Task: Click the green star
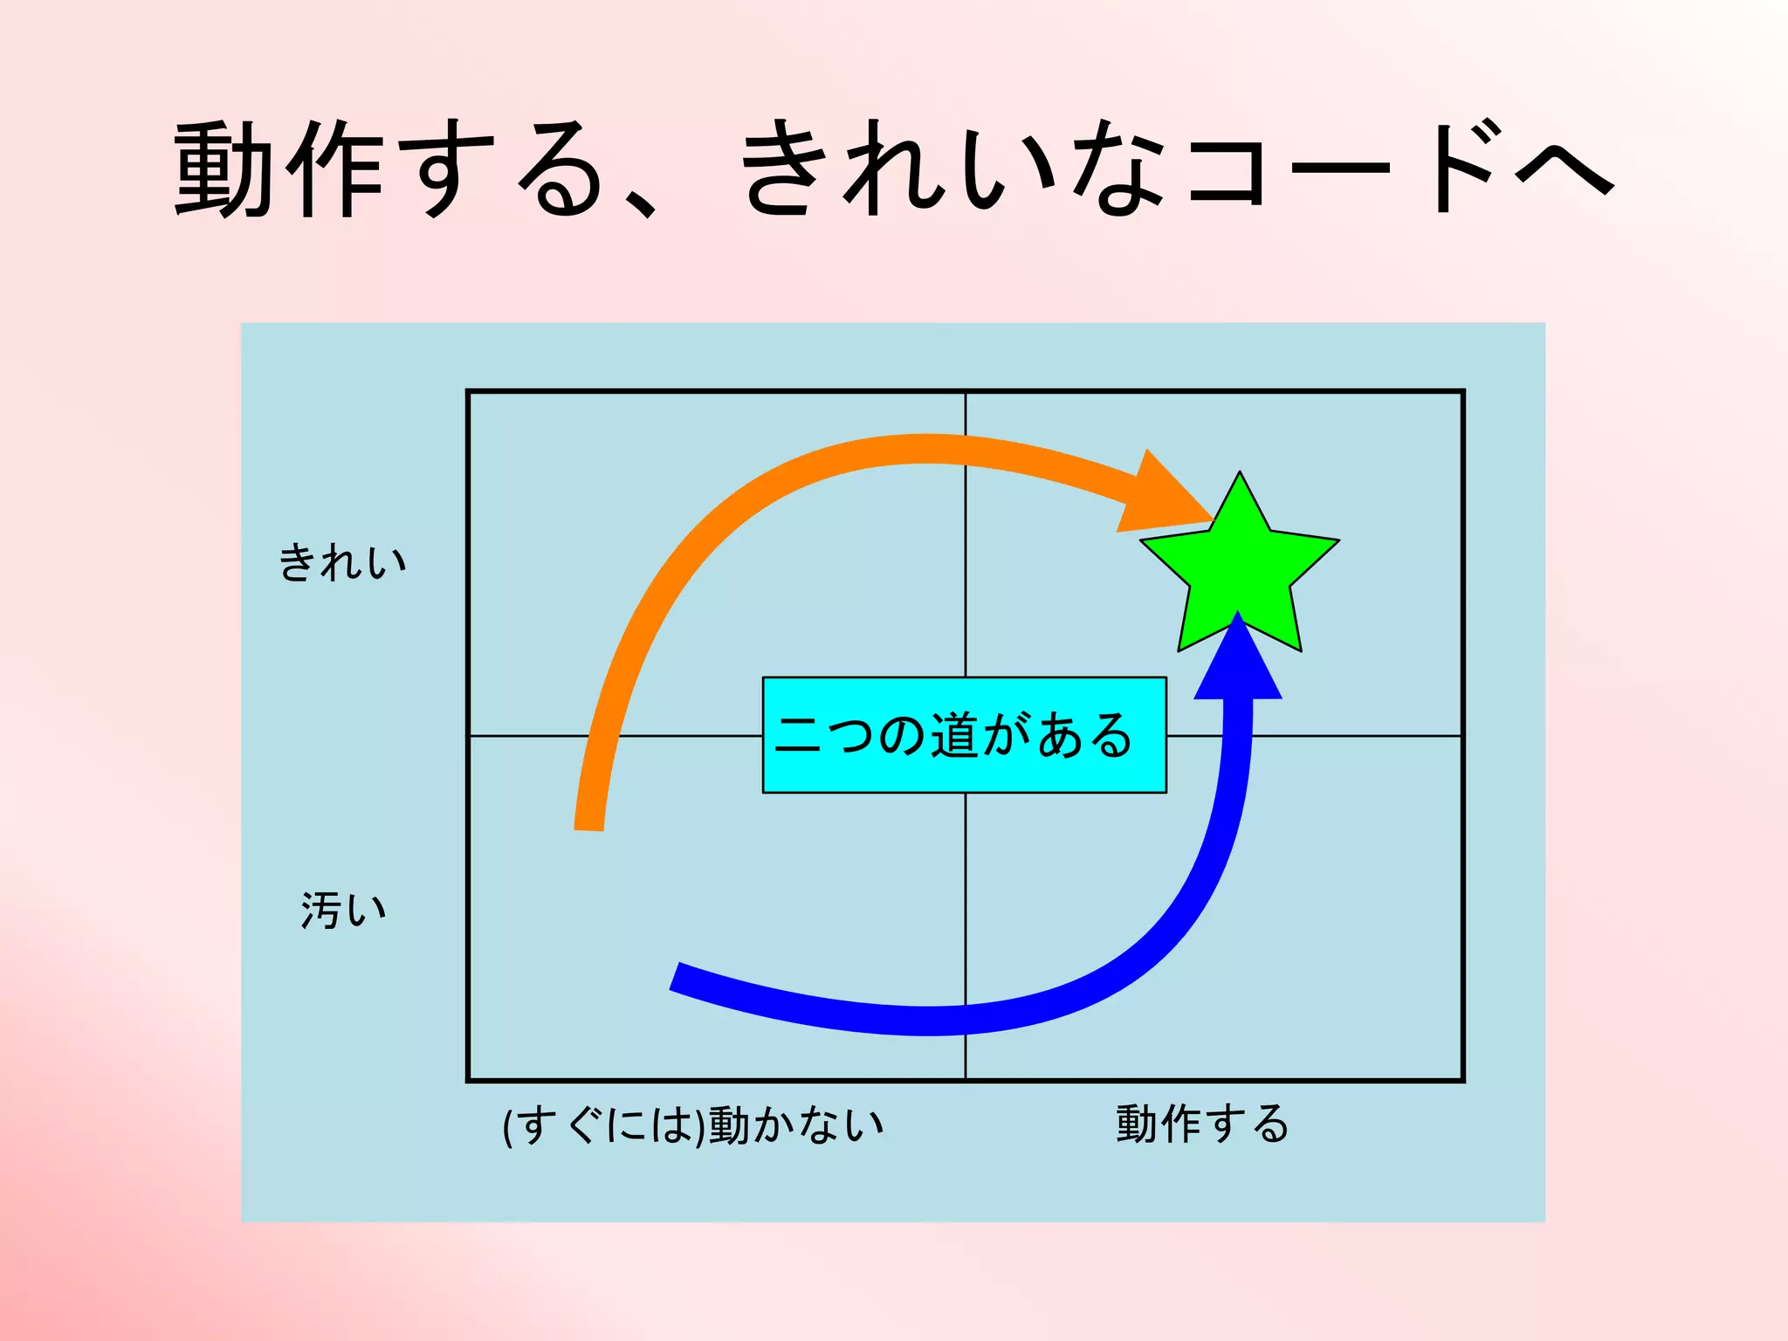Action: pyautogui.click(x=1240, y=567)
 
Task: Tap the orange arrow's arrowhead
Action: pyautogui.click(x=1161, y=496)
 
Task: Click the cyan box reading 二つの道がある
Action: pyautogui.click(x=964, y=735)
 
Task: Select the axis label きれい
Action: pyautogui.click(x=342, y=561)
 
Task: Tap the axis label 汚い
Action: pyautogui.click(x=343, y=910)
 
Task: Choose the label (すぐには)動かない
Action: pyautogui.click(x=693, y=1124)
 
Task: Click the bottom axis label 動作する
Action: pyautogui.click(x=1202, y=1124)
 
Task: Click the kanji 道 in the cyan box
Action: pyautogui.click(x=953, y=735)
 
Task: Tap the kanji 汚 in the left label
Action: pyautogui.click(x=320, y=910)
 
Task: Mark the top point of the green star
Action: pyautogui.click(x=1240, y=475)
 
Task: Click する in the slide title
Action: pyautogui.click(x=506, y=168)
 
